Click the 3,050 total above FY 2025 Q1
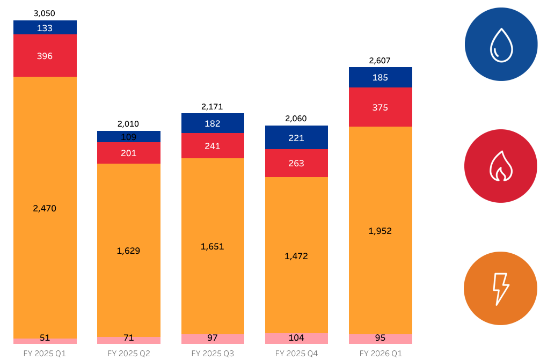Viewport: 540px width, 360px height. (45, 13)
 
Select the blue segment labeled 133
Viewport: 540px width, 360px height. (45, 27)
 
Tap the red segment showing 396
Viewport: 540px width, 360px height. (45, 56)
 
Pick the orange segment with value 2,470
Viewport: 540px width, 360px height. (45, 208)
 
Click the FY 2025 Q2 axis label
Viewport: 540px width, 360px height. (129, 353)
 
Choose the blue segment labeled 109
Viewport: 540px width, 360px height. (129, 137)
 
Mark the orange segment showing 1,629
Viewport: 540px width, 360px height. (129, 250)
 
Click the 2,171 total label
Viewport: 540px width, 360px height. (213, 107)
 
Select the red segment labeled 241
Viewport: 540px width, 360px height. (213, 145)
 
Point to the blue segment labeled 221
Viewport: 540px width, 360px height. (297, 138)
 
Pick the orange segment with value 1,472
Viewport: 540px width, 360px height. (297, 255)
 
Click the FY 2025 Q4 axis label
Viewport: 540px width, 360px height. (297, 353)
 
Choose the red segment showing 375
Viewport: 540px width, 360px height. (381, 107)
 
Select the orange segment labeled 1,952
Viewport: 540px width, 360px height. (381, 231)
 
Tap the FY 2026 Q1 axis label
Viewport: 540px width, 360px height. (381, 353)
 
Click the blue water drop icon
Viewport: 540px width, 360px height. (501, 45)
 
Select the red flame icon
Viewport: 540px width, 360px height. (501, 166)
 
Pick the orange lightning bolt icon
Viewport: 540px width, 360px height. (501, 289)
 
